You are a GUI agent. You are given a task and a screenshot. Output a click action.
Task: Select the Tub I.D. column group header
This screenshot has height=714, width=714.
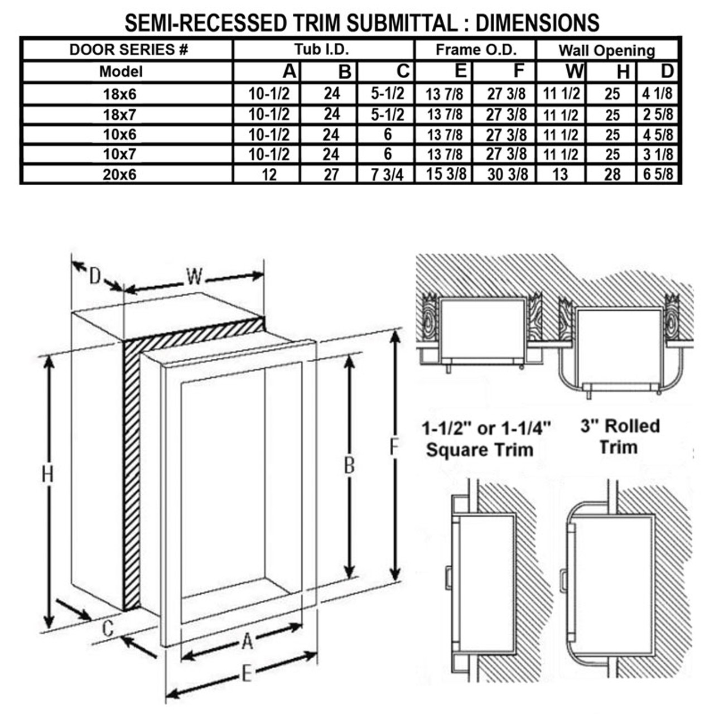click(322, 50)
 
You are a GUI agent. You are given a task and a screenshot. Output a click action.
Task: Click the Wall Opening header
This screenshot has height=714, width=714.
click(606, 50)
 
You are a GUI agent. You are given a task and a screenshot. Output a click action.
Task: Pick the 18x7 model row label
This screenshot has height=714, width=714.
click(119, 114)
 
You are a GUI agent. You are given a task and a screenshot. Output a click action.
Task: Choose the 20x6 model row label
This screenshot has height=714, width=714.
click(119, 175)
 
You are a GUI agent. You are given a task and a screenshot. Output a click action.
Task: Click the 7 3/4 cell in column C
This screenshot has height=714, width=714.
click(387, 174)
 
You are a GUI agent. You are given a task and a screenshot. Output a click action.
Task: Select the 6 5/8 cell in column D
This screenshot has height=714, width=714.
click(658, 174)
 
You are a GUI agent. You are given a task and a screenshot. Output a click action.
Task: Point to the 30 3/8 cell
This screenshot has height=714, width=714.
click(506, 174)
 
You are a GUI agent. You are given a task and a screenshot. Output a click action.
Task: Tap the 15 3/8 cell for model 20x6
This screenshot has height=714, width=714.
click(446, 174)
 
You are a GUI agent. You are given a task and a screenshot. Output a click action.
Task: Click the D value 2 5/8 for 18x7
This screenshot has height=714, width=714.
click(658, 114)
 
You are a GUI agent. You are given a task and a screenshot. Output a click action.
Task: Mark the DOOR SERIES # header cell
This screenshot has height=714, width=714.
click(128, 50)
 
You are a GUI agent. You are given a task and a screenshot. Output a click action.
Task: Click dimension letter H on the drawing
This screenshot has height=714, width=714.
click(48, 475)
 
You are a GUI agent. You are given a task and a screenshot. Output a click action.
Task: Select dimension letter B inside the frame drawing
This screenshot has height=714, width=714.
click(349, 464)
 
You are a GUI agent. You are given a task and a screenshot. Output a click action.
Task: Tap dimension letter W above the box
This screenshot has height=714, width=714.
click(194, 276)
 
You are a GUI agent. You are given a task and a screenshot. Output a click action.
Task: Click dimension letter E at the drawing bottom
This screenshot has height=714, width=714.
click(246, 674)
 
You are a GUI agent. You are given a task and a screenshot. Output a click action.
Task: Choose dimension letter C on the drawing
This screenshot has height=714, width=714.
click(108, 628)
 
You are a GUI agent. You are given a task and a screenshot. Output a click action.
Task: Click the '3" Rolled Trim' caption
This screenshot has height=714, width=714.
click(619, 436)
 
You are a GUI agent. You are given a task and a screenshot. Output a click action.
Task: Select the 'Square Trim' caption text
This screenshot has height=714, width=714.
click(480, 450)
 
